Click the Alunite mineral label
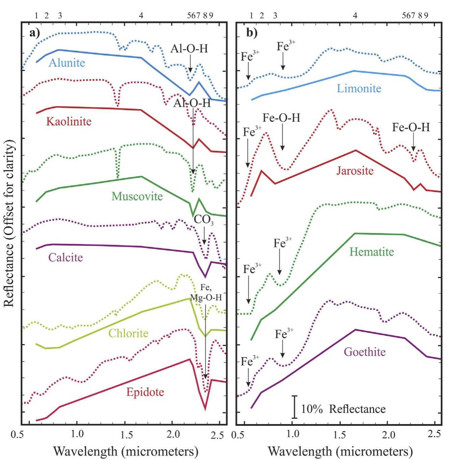(67, 63)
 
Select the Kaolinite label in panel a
(69, 121)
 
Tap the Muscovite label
(137, 196)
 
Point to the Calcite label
(66, 257)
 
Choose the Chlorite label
(128, 333)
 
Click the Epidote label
(145, 392)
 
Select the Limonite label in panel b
(359, 89)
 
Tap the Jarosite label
(355, 170)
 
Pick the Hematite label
(372, 252)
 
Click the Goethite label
(364, 352)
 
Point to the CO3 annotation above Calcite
(203, 220)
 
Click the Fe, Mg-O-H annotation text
(206, 293)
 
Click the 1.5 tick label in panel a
(125, 434)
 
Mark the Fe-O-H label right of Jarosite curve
(411, 128)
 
